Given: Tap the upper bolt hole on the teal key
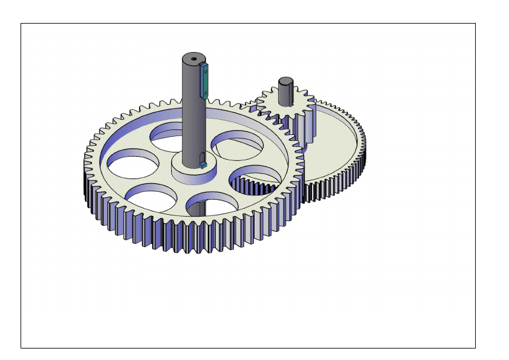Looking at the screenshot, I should pos(206,70).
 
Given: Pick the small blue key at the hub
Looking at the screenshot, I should pos(204,164).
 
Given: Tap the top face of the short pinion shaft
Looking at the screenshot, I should pos(286,81).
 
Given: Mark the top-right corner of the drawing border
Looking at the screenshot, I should pos(475,24).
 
